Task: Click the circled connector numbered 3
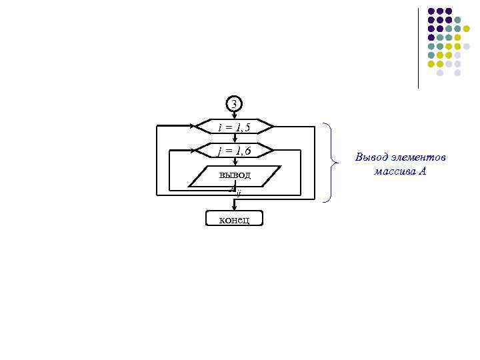pyautogui.click(x=233, y=104)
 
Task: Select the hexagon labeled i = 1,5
pyautogui.click(x=233, y=127)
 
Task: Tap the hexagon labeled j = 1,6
pyautogui.click(x=233, y=151)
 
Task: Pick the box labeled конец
pyautogui.click(x=234, y=219)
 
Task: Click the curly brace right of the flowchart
pyautogui.click(x=328, y=162)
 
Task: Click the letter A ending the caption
pyautogui.click(x=423, y=171)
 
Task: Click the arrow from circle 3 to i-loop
pyautogui.click(x=233, y=115)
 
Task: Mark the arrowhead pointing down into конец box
pyautogui.click(x=233, y=208)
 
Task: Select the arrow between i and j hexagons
pyautogui.click(x=233, y=139)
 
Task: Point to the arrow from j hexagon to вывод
pyautogui.click(x=233, y=162)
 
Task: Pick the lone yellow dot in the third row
pyautogui.click(x=466, y=29)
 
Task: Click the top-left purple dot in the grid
pyautogui.click(x=431, y=11)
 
